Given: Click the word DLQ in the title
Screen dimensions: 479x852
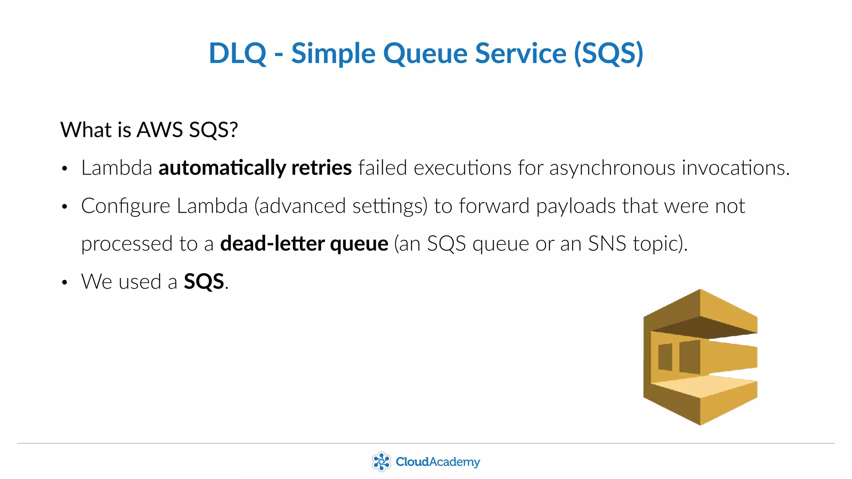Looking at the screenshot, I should pyautogui.click(x=238, y=53).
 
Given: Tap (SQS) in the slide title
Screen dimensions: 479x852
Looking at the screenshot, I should pyautogui.click(x=608, y=53).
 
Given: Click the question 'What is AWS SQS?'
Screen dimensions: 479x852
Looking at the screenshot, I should pyautogui.click(x=149, y=130).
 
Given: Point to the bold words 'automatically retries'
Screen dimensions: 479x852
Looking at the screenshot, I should pyautogui.click(x=255, y=168).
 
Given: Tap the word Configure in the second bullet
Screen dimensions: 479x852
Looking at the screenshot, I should pyautogui.click(x=126, y=206).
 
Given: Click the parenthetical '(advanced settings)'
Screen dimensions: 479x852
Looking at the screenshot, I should pyautogui.click(x=341, y=206).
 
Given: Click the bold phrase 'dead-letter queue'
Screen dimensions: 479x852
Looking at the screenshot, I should pyautogui.click(x=304, y=244).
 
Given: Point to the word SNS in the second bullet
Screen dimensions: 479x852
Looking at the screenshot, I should pyautogui.click(x=607, y=244).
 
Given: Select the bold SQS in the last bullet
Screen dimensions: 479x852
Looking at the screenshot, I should pyautogui.click(x=204, y=281).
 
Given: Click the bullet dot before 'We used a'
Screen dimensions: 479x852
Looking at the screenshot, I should pyautogui.click(x=64, y=283).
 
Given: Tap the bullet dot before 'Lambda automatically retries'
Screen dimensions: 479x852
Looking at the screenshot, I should pyautogui.click(x=64, y=169).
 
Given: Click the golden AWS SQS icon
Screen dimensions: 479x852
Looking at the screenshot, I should pyautogui.click(x=700, y=357).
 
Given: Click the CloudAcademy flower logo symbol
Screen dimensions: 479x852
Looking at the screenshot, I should pyautogui.click(x=381, y=462).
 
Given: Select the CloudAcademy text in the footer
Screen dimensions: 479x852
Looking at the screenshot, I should pyautogui.click(x=438, y=462).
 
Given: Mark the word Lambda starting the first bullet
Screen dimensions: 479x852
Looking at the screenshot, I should pyautogui.click(x=116, y=168).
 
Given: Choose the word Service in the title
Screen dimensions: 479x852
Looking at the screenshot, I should pyautogui.click(x=520, y=53).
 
